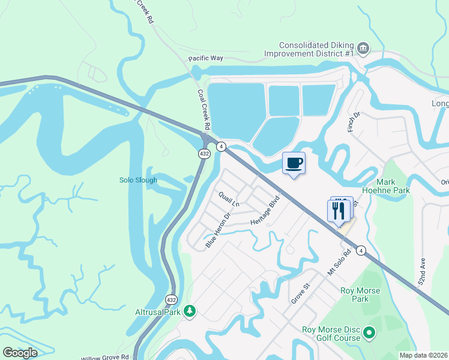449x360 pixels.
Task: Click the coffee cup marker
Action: tap(294, 163)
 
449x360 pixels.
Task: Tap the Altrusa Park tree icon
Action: tap(190, 311)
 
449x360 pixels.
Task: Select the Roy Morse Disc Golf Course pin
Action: tap(370, 332)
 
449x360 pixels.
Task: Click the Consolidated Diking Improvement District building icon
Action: tap(363, 48)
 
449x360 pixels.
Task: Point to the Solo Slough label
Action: tap(138, 180)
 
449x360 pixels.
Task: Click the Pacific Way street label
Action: tap(205, 59)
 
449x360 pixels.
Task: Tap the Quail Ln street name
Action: tap(229, 199)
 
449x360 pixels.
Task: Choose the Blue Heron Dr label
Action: tap(218, 230)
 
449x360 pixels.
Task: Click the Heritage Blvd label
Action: tap(265, 210)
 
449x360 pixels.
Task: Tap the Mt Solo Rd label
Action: tap(339, 262)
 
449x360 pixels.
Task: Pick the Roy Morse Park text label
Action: tap(354, 295)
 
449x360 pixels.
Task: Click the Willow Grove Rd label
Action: tap(105, 357)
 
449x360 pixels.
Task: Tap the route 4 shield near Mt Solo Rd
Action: tap(361, 250)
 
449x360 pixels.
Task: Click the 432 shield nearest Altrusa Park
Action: tap(171, 298)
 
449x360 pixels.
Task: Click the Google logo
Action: tap(20, 353)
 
